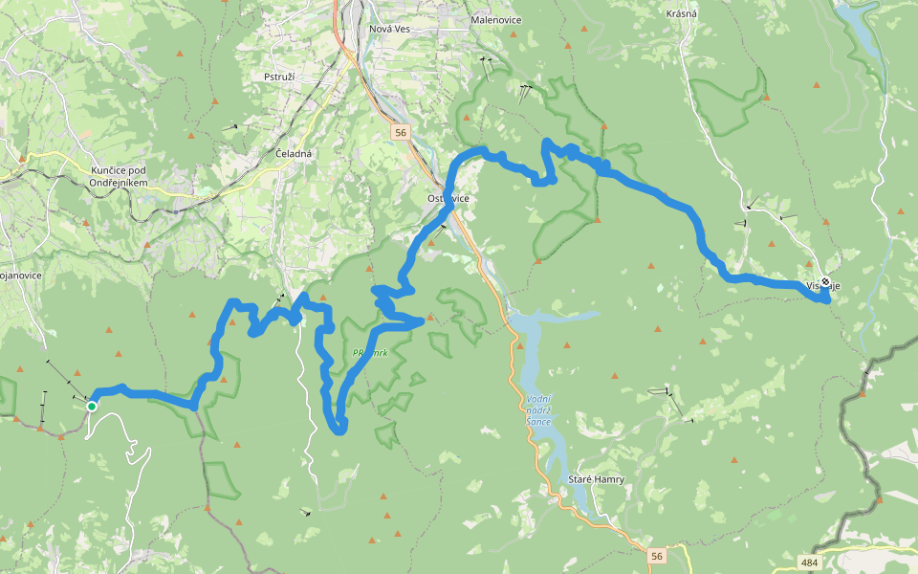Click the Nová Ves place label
point(389,30)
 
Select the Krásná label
point(682,13)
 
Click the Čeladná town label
point(294,154)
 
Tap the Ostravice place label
point(448,198)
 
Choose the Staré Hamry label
point(596,479)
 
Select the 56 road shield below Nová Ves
point(400,133)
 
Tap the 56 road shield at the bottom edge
point(655,556)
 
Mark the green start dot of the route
point(92,407)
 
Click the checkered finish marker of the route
point(825,282)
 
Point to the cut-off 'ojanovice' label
point(16,275)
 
